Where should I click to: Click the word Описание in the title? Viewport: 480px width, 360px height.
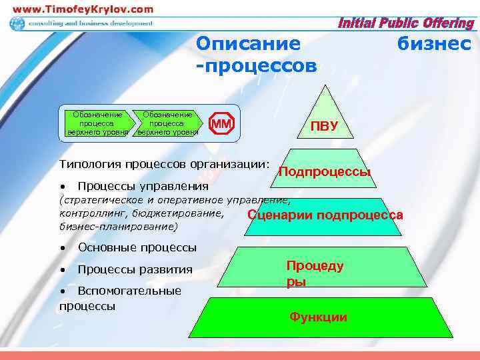coord(248,45)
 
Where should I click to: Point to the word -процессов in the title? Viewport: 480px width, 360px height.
coord(257,67)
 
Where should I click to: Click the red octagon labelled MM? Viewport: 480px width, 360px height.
coord(222,124)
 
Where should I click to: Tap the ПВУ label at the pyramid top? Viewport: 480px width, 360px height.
coord(325,127)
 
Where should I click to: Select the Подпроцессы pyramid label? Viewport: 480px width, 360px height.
coord(325,172)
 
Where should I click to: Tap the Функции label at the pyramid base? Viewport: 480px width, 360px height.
coord(318,317)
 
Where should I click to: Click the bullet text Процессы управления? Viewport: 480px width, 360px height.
coord(143,186)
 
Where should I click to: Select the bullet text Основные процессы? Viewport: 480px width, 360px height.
coord(137,247)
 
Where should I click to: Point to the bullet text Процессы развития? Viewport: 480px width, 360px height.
coord(135,269)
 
